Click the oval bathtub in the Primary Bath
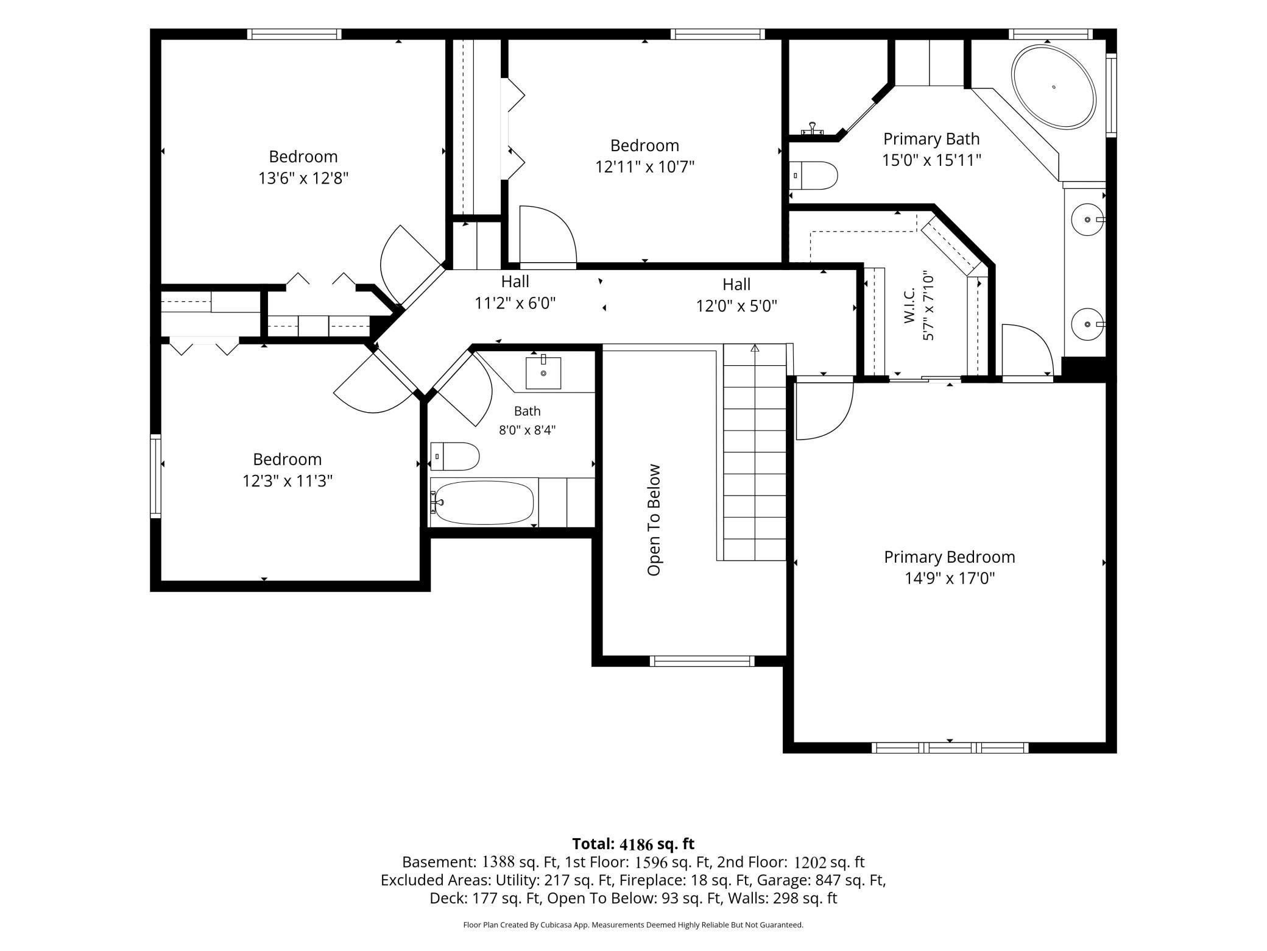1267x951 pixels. tap(1053, 87)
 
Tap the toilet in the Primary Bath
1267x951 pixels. tap(813, 176)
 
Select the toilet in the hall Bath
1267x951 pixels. tap(455, 457)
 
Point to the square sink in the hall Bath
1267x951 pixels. tap(543, 372)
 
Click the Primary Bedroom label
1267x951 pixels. tap(949, 557)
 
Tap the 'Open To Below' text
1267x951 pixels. tap(654, 520)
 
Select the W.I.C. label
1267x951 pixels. tap(909, 305)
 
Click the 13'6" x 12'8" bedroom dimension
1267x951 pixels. tap(303, 178)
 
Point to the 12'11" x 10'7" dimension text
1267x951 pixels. tap(645, 166)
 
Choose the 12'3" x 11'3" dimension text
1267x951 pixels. tap(288, 481)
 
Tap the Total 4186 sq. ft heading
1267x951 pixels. tap(633, 844)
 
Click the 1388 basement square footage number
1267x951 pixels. tap(499, 862)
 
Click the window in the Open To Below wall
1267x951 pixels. tap(702, 661)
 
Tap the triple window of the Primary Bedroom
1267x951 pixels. tap(950, 748)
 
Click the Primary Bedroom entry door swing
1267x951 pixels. tap(824, 407)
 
